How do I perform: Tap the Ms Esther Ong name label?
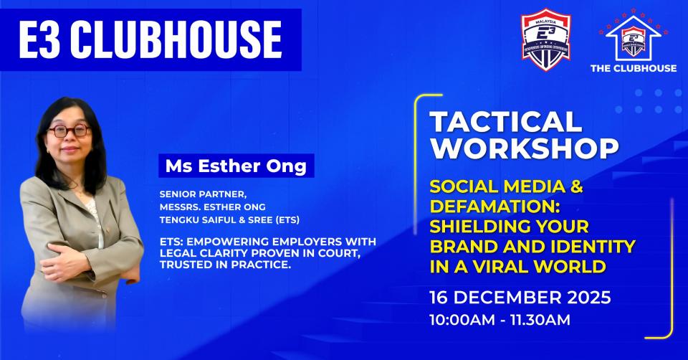[236, 166]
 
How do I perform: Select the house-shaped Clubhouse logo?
[632, 39]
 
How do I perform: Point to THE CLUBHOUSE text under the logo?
[632, 68]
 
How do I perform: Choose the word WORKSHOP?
[524, 148]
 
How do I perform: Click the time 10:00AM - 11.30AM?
[500, 319]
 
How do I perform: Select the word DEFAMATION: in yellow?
[487, 207]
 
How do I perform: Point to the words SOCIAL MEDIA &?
[506, 188]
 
